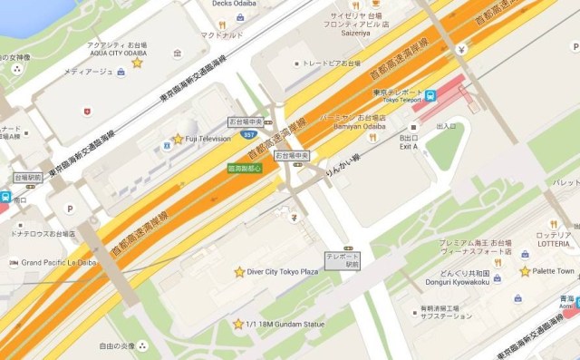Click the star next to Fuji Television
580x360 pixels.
coord(178,139)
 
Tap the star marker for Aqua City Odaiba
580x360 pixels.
coord(137,63)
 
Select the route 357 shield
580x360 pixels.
coord(247,135)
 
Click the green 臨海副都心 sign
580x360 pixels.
coord(244,168)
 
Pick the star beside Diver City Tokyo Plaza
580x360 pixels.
coord(239,272)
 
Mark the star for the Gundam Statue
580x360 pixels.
coord(237,324)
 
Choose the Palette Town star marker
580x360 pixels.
coord(525,271)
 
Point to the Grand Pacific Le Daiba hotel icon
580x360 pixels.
coord(11,262)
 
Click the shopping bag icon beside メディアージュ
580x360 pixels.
coord(87,112)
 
